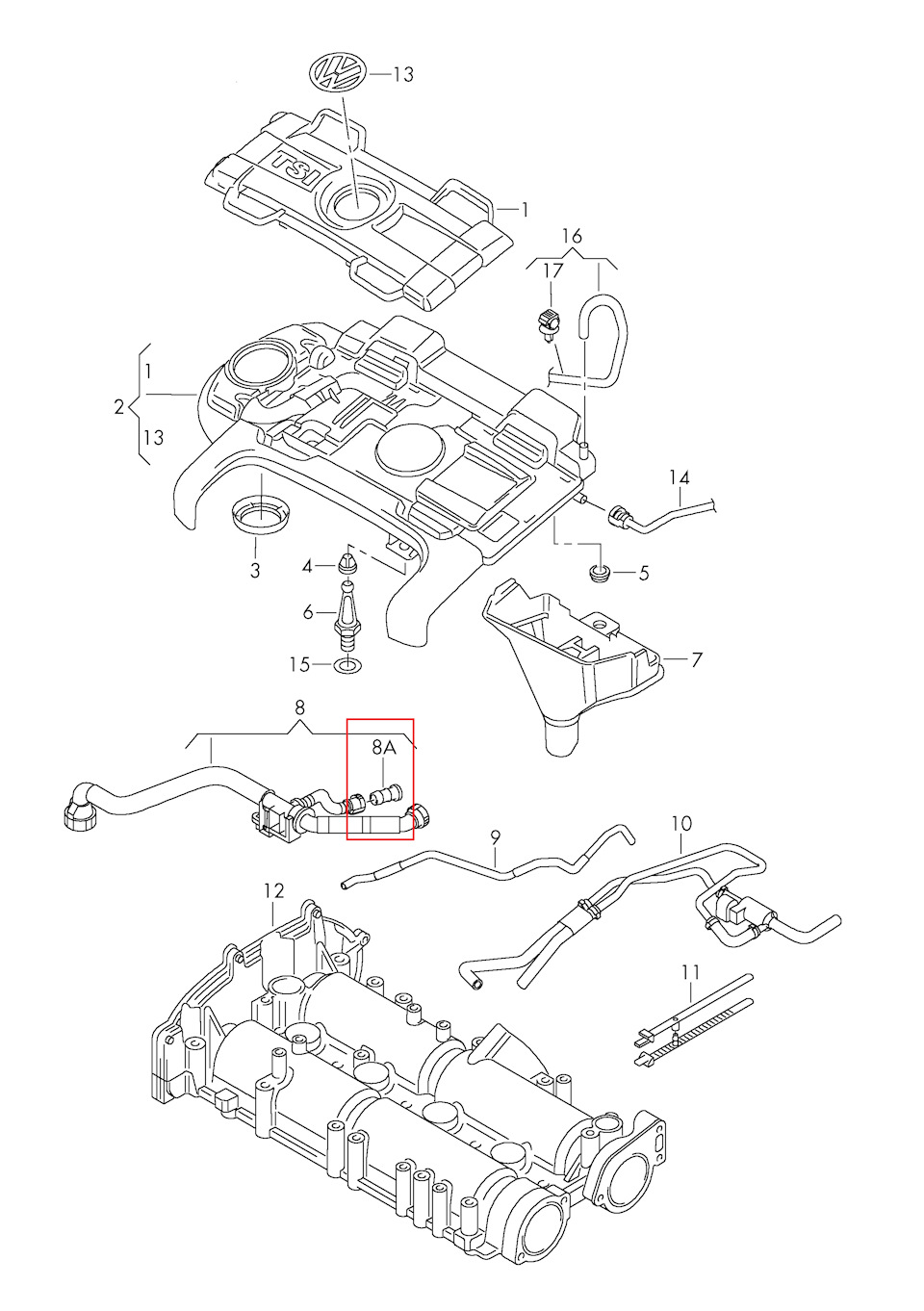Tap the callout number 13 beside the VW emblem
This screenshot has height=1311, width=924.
tap(402, 74)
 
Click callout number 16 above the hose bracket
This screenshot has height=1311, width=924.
tap(572, 236)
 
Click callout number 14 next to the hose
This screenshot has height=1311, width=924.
tap(680, 477)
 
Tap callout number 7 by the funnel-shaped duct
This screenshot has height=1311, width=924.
tap(697, 659)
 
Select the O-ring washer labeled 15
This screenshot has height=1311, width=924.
tap(349, 665)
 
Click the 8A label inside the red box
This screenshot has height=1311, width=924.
tap(384, 747)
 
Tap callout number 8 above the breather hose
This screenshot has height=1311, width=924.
tap(299, 707)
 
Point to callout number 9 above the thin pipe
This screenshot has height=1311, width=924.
tap(496, 837)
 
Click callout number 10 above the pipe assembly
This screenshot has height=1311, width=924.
tap(681, 824)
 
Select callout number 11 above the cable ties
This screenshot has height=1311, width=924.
tap(690, 972)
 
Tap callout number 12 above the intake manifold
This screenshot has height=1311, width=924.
tap(274, 890)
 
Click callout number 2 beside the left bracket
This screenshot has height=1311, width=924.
tap(119, 407)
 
